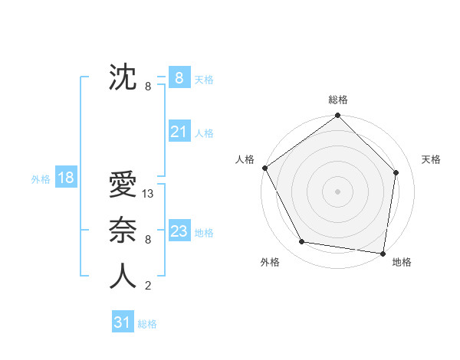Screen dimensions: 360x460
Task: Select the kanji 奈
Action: tap(123, 231)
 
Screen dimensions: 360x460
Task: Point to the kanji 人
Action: tap(123, 277)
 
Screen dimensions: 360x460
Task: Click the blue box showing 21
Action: tap(179, 132)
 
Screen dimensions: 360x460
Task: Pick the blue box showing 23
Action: tap(179, 231)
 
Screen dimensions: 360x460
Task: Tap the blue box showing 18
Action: tap(65, 178)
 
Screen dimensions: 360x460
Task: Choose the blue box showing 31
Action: tap(122, 322)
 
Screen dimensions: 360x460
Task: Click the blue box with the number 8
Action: tap(179, 77)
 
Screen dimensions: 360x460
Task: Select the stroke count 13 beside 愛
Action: tap(148, 194)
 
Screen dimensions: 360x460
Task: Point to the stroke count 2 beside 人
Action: tap(147, 286)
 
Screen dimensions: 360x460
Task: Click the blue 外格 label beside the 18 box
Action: tap(41, 179)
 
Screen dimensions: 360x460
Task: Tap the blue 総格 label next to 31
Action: tap(147, 324)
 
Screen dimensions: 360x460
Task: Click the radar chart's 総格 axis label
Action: tap(337, 100)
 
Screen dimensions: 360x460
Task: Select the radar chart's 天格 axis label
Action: tap(431, 159)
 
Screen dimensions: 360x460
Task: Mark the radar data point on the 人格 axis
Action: tap(265, 168)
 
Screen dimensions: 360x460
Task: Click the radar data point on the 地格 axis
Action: tap(383, 253)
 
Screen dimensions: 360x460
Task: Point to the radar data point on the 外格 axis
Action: tap(302, 242)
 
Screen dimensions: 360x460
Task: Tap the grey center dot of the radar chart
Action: tap(337, 191)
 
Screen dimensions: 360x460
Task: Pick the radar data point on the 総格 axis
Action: tap(337, 116)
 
